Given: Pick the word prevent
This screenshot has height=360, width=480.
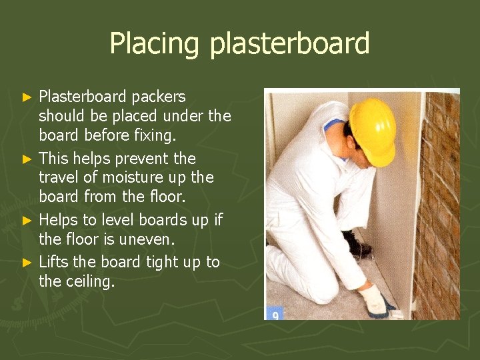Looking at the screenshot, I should pos(143,159).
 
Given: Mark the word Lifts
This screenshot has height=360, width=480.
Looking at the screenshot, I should pos(53,262).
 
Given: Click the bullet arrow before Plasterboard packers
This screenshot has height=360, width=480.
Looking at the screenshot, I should pos(27,97).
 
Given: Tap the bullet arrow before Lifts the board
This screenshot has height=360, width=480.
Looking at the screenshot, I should pos(27,263).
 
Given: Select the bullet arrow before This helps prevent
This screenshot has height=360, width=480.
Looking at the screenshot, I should pos(27,159).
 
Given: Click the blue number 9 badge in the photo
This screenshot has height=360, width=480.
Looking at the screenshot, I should pos(274,313).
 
